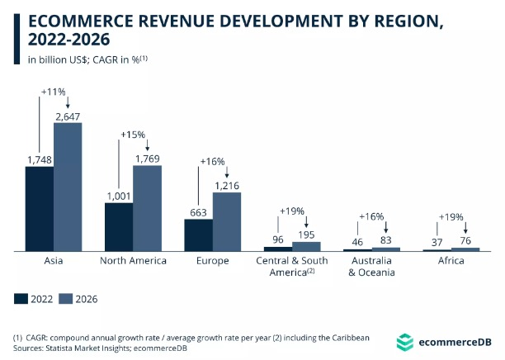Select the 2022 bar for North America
click(119, 227)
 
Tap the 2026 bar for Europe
click(227, 221)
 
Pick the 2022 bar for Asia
click(40, 209)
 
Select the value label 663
click(198, 212)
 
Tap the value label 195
click(306, 234)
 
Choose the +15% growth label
click(133, 134)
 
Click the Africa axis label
click(451, 261)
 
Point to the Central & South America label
click(292, 267)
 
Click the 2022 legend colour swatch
click(21, 299)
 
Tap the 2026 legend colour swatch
click(66, 299)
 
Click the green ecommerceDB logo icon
click(404, 342)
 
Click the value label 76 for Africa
click(465, 240)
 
